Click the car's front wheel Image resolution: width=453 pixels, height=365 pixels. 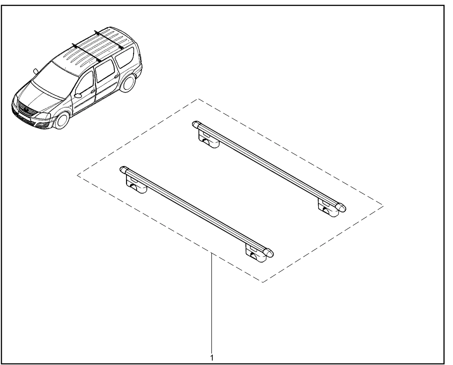click(x=62, y=120)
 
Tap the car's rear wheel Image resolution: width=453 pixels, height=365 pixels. click(x=128, y=83)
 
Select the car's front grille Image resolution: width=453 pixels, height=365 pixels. click(x=25, y=108)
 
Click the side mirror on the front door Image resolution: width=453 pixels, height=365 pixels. click(x=78, y=95)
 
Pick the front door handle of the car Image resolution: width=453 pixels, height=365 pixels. click(x=93, y=92)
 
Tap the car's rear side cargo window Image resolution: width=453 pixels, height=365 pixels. click(x=125, y=57)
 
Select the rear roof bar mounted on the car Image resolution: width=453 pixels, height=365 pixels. click(x=109, y=40)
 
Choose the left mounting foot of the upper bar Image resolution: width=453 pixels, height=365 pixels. click(x=208, y=139)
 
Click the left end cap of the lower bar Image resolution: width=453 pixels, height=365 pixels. click(x=124, y=170)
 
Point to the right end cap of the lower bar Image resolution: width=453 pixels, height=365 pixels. click(x=269, y=253)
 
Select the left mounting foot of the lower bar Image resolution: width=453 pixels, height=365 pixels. click(x=136, y=184)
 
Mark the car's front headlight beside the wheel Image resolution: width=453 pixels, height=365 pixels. click(x=44, y=116)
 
